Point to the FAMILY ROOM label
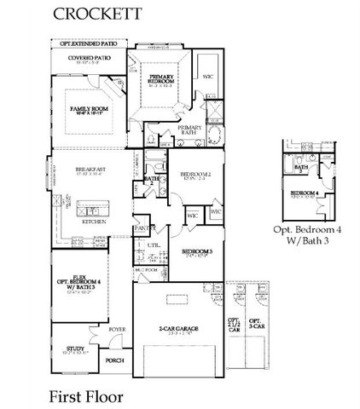[x=88, y=110]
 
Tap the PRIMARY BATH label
[x=189, y=130]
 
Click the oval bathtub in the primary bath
[x=210, y=137]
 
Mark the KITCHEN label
[x=93, y=221]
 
